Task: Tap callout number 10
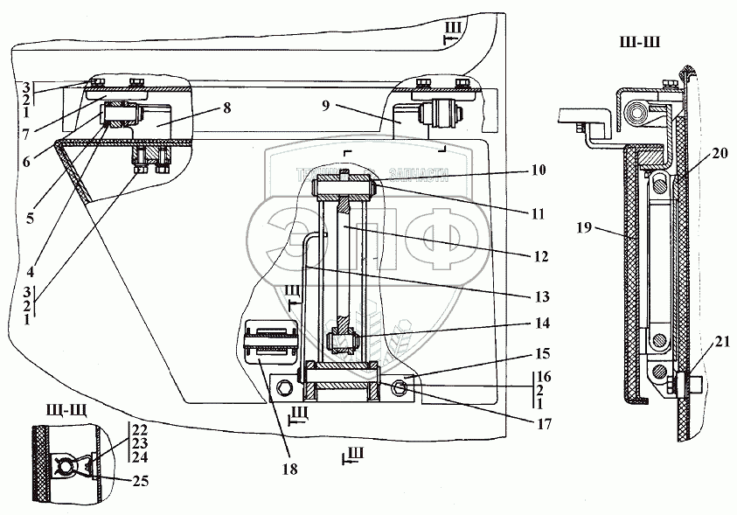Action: tap(538, 170)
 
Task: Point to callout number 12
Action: tap(540, 257)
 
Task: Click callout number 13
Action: tap(542, 296)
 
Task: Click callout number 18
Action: tap(289, 470)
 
